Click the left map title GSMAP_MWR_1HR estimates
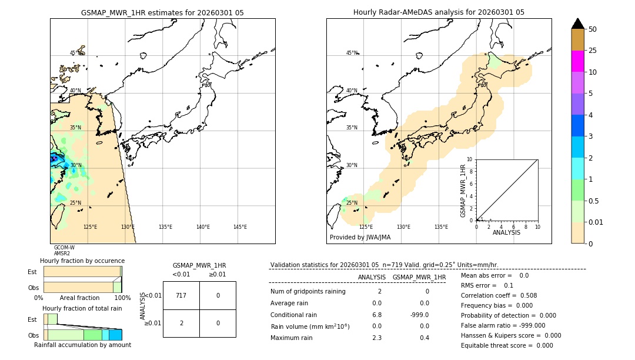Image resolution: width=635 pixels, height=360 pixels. click(x=162, y=12)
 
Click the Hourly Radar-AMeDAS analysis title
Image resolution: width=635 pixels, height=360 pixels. click(x=439, y=12)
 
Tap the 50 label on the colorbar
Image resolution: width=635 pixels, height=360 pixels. click(x=593, y=29)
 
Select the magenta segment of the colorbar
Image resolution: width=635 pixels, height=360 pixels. click(x=577, y=61)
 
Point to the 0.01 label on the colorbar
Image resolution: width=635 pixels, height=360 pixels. click(x=596, y=222)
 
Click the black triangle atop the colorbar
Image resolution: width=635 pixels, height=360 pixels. click(x=578, y=24)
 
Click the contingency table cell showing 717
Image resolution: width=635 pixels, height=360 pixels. click(x=181, y=295)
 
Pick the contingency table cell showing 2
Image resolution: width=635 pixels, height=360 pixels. click(x=181, y=323)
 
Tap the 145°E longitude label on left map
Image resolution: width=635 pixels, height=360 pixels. click(x=240, y=227)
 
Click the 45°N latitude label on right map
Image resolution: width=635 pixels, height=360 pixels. click(x=352, y=53)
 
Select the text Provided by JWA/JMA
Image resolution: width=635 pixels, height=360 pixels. click(x=360, y=238)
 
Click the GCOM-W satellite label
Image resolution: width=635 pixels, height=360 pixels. click(x=64, y=248)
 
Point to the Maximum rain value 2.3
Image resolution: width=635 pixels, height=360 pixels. click(x=376, y=338)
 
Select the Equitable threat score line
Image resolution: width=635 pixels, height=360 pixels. click(x=507, y=345)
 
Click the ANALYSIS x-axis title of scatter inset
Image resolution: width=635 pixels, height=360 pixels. click(x=506, y=232)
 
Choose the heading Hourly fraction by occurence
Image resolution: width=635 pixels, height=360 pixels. click(x=82, y=261)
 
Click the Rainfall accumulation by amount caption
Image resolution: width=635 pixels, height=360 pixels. click(x=82, y=345)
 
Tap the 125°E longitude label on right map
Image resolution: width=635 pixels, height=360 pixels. click(x=366, y=227)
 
